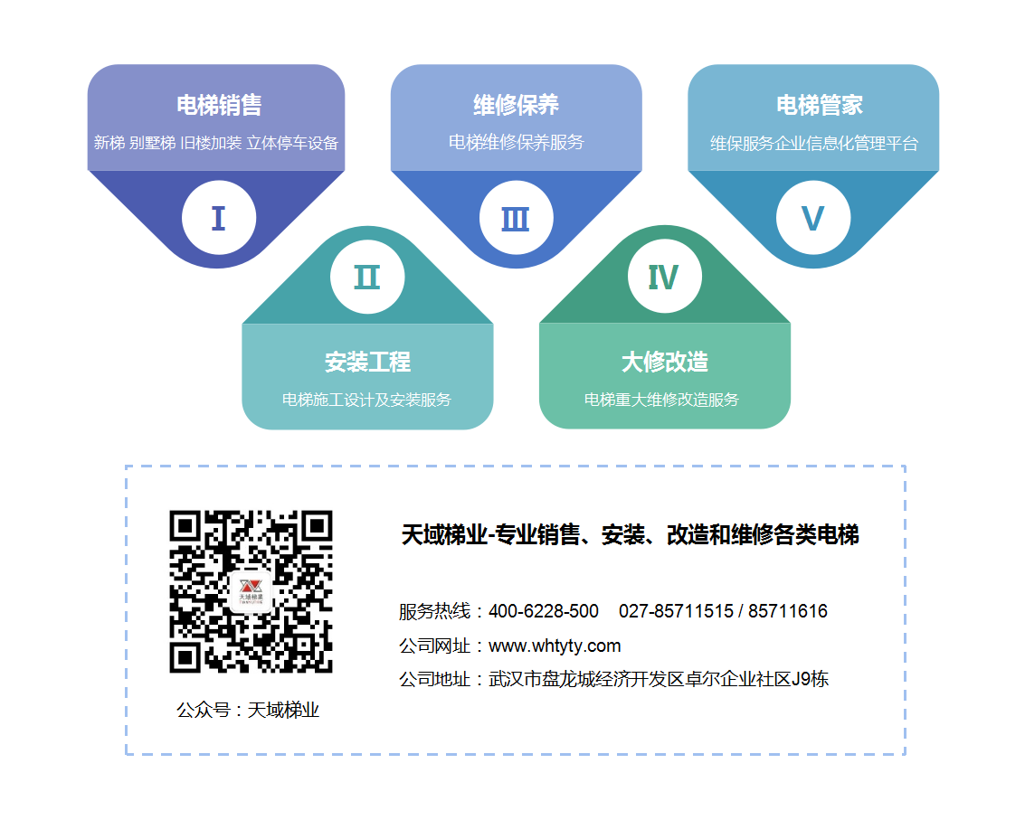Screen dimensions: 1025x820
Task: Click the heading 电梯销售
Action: coord(219,105)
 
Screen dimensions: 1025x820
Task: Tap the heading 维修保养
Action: coord(516,105)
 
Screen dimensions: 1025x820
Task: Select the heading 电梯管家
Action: coord(819,105)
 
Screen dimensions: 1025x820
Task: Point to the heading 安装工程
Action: coord(367,362)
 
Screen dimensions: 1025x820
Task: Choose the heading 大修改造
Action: coord(665,362)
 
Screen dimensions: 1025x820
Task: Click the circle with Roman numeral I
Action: coord(219,218)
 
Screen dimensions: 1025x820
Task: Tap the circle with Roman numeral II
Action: coord(367,277)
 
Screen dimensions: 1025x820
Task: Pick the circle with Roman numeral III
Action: coord(516,218)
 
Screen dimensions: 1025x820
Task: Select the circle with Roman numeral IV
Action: coord(665,277)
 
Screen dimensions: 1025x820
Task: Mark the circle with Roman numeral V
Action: coord(813,218)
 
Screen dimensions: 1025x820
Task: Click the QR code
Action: coord(251,591)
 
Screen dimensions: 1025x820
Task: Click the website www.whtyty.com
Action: coord(555,646)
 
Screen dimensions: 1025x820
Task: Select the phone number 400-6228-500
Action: coord(543,611)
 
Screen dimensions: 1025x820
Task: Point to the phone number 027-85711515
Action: coord(676,611)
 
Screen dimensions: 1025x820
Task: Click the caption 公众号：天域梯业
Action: coord(248,711)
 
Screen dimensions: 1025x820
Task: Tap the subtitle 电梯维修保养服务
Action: coord(516,143)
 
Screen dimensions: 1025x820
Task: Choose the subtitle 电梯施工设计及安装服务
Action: coord(366,400)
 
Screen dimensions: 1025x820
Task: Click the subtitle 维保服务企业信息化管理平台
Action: coord(814,143)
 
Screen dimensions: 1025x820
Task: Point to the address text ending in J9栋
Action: coord(659,680)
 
